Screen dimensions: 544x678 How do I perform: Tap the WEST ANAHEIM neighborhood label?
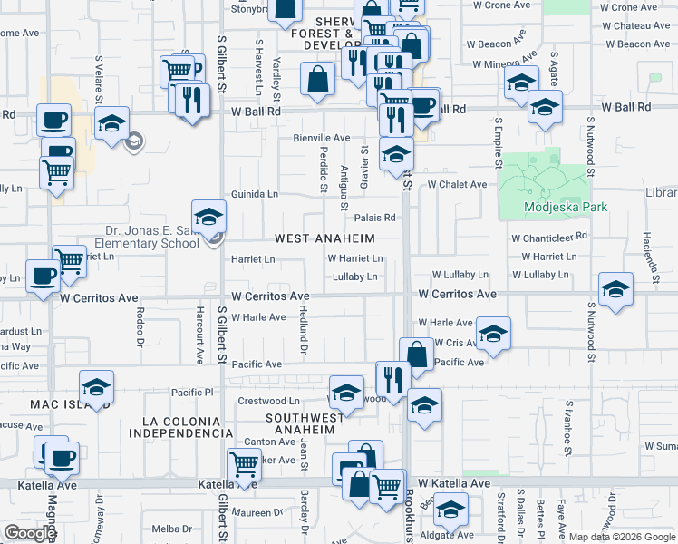pyautogui.click(x=324, y=238)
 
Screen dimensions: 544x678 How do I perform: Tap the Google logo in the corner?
pyautogui.click(x=30, y=533)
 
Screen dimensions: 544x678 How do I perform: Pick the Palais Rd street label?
pyautogui.click(x=375, y=218)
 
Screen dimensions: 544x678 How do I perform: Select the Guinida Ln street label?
pyautogui.click(x=254, y=194)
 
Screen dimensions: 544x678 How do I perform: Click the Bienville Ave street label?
pyautogui.click(x=321, y=138)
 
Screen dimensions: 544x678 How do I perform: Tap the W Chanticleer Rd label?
pyautogui.click(x=549, y=237)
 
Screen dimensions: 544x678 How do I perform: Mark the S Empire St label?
pyautogui.click(x=498, y=141)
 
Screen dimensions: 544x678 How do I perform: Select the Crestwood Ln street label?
pyautogui.click(x=268, y=401)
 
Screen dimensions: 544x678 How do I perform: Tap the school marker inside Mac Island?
pyautogui.click(x=96, y=387)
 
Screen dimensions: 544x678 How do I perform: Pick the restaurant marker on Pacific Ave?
pyautogui.click(x=392, y=378)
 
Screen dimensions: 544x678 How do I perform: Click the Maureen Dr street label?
pyautogui.click(x=260, y=512)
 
